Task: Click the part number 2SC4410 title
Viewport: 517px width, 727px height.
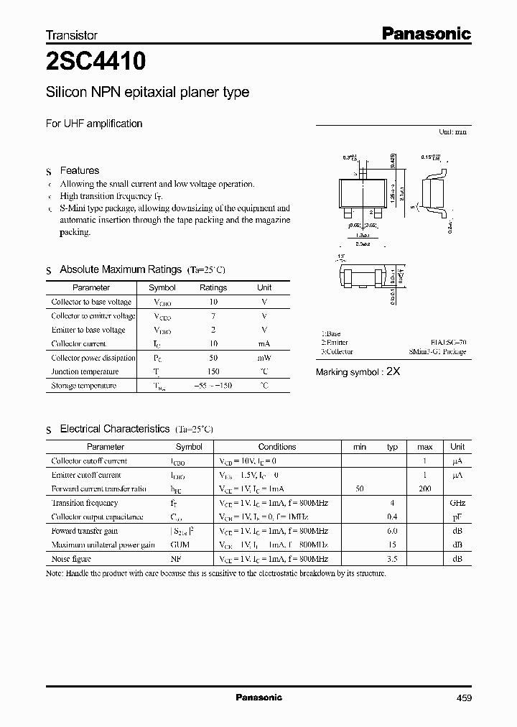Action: (x=96, y=62)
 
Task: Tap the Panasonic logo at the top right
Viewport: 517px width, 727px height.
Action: (x=425, y=33)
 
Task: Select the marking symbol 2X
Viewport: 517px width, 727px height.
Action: (x=393, y=371)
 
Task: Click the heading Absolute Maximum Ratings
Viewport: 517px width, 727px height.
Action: (x=120, y=269)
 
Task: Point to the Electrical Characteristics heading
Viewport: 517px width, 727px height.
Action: (x=114, y=429)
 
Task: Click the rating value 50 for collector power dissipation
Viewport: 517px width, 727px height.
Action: (x=213, y=358)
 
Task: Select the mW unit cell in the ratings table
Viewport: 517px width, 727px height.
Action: (x=264, y=358)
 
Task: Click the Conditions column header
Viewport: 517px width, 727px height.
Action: (x=276, y=447)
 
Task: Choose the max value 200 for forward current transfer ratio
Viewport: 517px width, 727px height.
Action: (x=424, y=488)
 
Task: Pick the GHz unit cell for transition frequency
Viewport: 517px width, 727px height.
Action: (x=457, y=503)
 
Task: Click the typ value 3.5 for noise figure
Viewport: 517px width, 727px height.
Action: (x=392, y=559)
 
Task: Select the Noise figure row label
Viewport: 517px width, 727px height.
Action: (x=72, y=559)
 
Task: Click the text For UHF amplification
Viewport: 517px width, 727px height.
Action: (x=94, y=124)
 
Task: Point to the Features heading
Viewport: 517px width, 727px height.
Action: (x=79, y=171)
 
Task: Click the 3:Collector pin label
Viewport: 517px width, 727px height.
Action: (x=337, y=352)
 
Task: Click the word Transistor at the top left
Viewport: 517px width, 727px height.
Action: (x=71, y=34)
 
